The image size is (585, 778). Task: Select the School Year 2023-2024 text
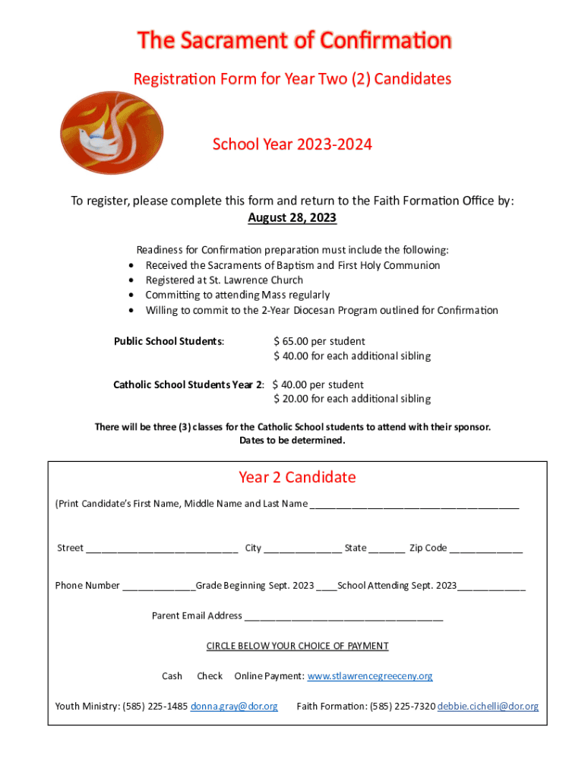(292, 144)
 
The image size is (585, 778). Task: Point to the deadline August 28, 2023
(292, 218)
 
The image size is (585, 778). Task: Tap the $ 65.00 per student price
(319, 341)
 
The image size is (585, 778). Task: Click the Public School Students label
(169, 341)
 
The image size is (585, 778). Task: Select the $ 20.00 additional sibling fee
(352, 399)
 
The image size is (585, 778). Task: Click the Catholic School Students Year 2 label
(189, 384)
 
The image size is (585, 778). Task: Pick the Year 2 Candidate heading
(297, 477)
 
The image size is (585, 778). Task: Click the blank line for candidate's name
(415, 505)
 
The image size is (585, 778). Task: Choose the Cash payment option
(172, 676)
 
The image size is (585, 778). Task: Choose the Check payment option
(210, 676)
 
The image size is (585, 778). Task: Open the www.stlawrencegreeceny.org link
(370, 676)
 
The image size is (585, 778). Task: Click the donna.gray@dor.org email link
(234, 707)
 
